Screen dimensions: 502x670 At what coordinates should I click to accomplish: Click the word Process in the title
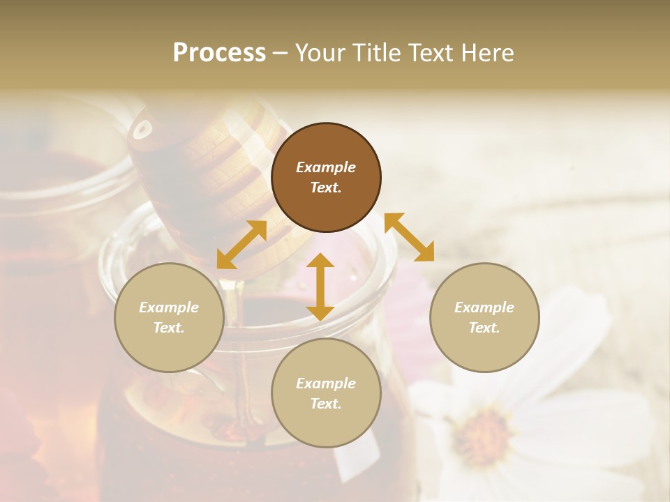coord(219,53)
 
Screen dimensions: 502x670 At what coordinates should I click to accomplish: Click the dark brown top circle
coord(326,177)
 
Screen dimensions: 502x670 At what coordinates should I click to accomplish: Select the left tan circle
coord(169,317)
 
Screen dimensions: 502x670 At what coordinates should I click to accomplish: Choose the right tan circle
coord(484,317)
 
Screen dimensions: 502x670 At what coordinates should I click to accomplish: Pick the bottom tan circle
coord(326,393)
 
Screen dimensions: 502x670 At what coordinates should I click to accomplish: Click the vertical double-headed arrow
coord(320,287)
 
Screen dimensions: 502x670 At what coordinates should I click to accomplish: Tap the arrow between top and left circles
coord(242,245)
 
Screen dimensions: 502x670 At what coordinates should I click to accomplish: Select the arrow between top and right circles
coord(410,237)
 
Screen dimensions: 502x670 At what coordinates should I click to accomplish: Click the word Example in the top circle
coord(326,167)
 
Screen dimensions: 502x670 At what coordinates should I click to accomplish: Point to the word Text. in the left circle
coord(169,328)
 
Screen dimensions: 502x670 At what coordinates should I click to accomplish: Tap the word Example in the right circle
coord(484,307)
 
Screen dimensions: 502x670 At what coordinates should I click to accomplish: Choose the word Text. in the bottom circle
coord(326,404)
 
